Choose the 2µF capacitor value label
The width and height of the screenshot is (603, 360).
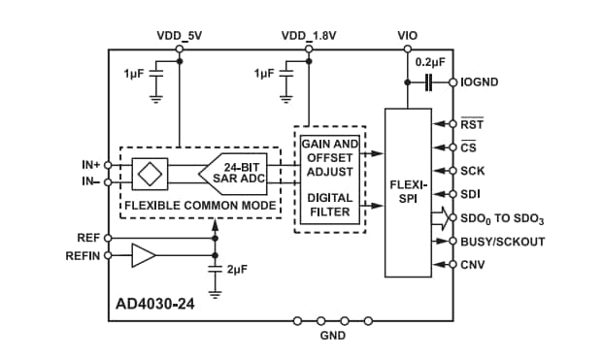237,268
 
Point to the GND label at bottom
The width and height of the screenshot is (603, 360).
333,336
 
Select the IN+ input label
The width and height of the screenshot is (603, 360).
90,164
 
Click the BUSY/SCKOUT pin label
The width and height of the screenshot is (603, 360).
502,242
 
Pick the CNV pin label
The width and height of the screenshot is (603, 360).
473,265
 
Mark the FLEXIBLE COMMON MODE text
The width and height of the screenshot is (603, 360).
199,205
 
